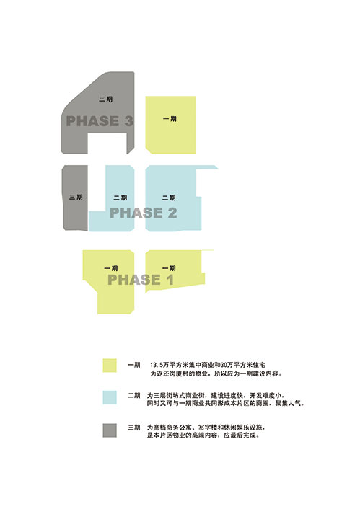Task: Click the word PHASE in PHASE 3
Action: (x=92, y=121)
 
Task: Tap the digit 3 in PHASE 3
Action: (x=128, y=121)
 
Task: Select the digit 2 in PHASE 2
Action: (x=172, y=213)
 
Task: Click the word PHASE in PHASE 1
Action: (x=134, y=280)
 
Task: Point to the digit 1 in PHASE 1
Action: (x=170, y=280)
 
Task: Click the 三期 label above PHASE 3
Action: (x=106, y=99)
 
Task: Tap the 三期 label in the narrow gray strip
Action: (x=76, y=197)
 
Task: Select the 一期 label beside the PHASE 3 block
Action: (x=170, y=119)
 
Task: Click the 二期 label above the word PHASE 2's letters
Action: (x=120, y=198)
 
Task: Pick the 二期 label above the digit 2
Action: (x=169, y=198)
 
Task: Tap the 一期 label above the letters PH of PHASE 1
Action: (x=111, y=268)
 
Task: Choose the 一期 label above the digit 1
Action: (x=169, y=268)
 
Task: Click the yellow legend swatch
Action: (x=110, y=366)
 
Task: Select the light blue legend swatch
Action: (x=110, y=397)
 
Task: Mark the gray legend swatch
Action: (x=110, y=430)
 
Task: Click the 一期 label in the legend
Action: (x=134, y=365)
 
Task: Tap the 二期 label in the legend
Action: (x=134, y=395)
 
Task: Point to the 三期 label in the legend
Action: (x=134, y=428)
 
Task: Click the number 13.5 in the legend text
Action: (x=156, y=366)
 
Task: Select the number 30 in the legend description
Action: (x=224, y=366)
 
